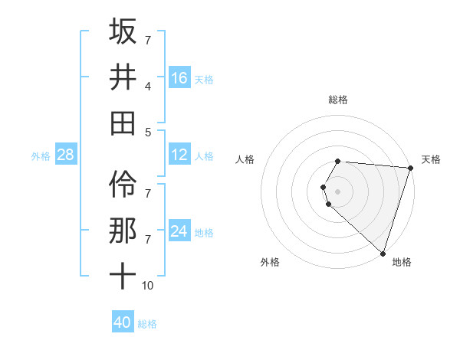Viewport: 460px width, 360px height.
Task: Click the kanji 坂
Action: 123,31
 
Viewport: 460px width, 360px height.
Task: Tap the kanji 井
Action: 123,77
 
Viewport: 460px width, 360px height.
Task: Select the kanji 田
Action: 123,123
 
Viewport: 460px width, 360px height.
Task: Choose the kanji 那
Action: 123,231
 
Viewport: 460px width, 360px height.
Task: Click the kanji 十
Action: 123,276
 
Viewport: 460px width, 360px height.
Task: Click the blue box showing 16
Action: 179,78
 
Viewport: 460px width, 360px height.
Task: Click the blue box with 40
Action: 123,322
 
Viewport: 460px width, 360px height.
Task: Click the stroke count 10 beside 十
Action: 147,286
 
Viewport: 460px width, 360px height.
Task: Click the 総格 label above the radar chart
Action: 338,100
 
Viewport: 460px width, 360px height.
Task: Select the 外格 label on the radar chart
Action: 270,263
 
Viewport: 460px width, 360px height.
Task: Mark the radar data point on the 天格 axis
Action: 410,169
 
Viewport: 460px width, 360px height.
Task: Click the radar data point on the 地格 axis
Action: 383,253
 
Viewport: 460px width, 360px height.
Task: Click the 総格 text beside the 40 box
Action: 148,323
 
